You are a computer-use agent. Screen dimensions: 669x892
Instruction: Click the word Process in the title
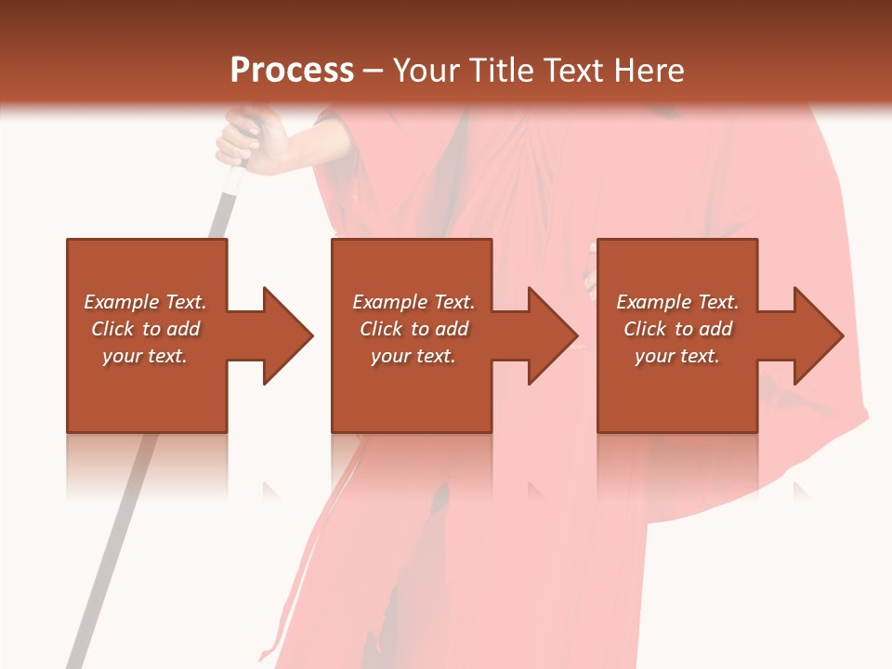[292, 71]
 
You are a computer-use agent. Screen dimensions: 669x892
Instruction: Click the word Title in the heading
[502, 71]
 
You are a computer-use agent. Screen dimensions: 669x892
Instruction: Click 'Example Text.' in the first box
[145, 302]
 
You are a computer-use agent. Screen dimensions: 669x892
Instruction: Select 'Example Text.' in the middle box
[413, 302]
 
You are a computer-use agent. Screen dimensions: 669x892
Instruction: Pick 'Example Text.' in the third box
[677, 302]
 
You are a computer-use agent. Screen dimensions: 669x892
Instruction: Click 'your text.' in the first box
[145, 356]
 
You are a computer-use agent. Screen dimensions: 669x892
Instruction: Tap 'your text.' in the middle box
[413, 356]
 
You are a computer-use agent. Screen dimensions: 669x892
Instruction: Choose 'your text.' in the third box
[677, 356]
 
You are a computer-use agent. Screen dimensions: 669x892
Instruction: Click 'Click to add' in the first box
[145, 329]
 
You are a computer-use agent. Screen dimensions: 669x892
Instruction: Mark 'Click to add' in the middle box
[413, 329]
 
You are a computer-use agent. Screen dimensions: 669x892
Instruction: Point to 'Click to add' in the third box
[677, 329]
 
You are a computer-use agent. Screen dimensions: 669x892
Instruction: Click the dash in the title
[374, 72]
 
